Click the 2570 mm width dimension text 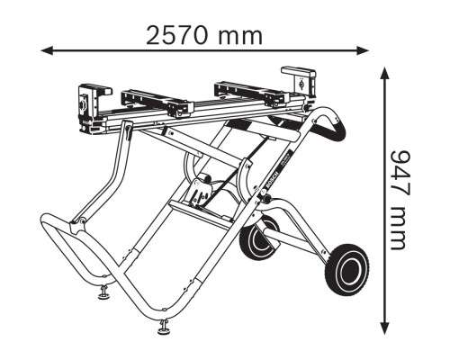click(204, 36)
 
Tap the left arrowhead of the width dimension click(47, 50)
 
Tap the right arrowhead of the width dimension click(363, 50)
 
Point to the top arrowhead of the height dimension click(385, 73)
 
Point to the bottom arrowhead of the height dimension click(385, 328)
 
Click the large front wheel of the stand click(347, 269)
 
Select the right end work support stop click(300, 83)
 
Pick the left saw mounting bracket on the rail click(157, 103)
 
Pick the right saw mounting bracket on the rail click(251, 94)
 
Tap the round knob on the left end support click(83, 103)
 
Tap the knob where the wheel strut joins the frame click(265, 199)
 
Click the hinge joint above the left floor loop click(77, 224)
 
